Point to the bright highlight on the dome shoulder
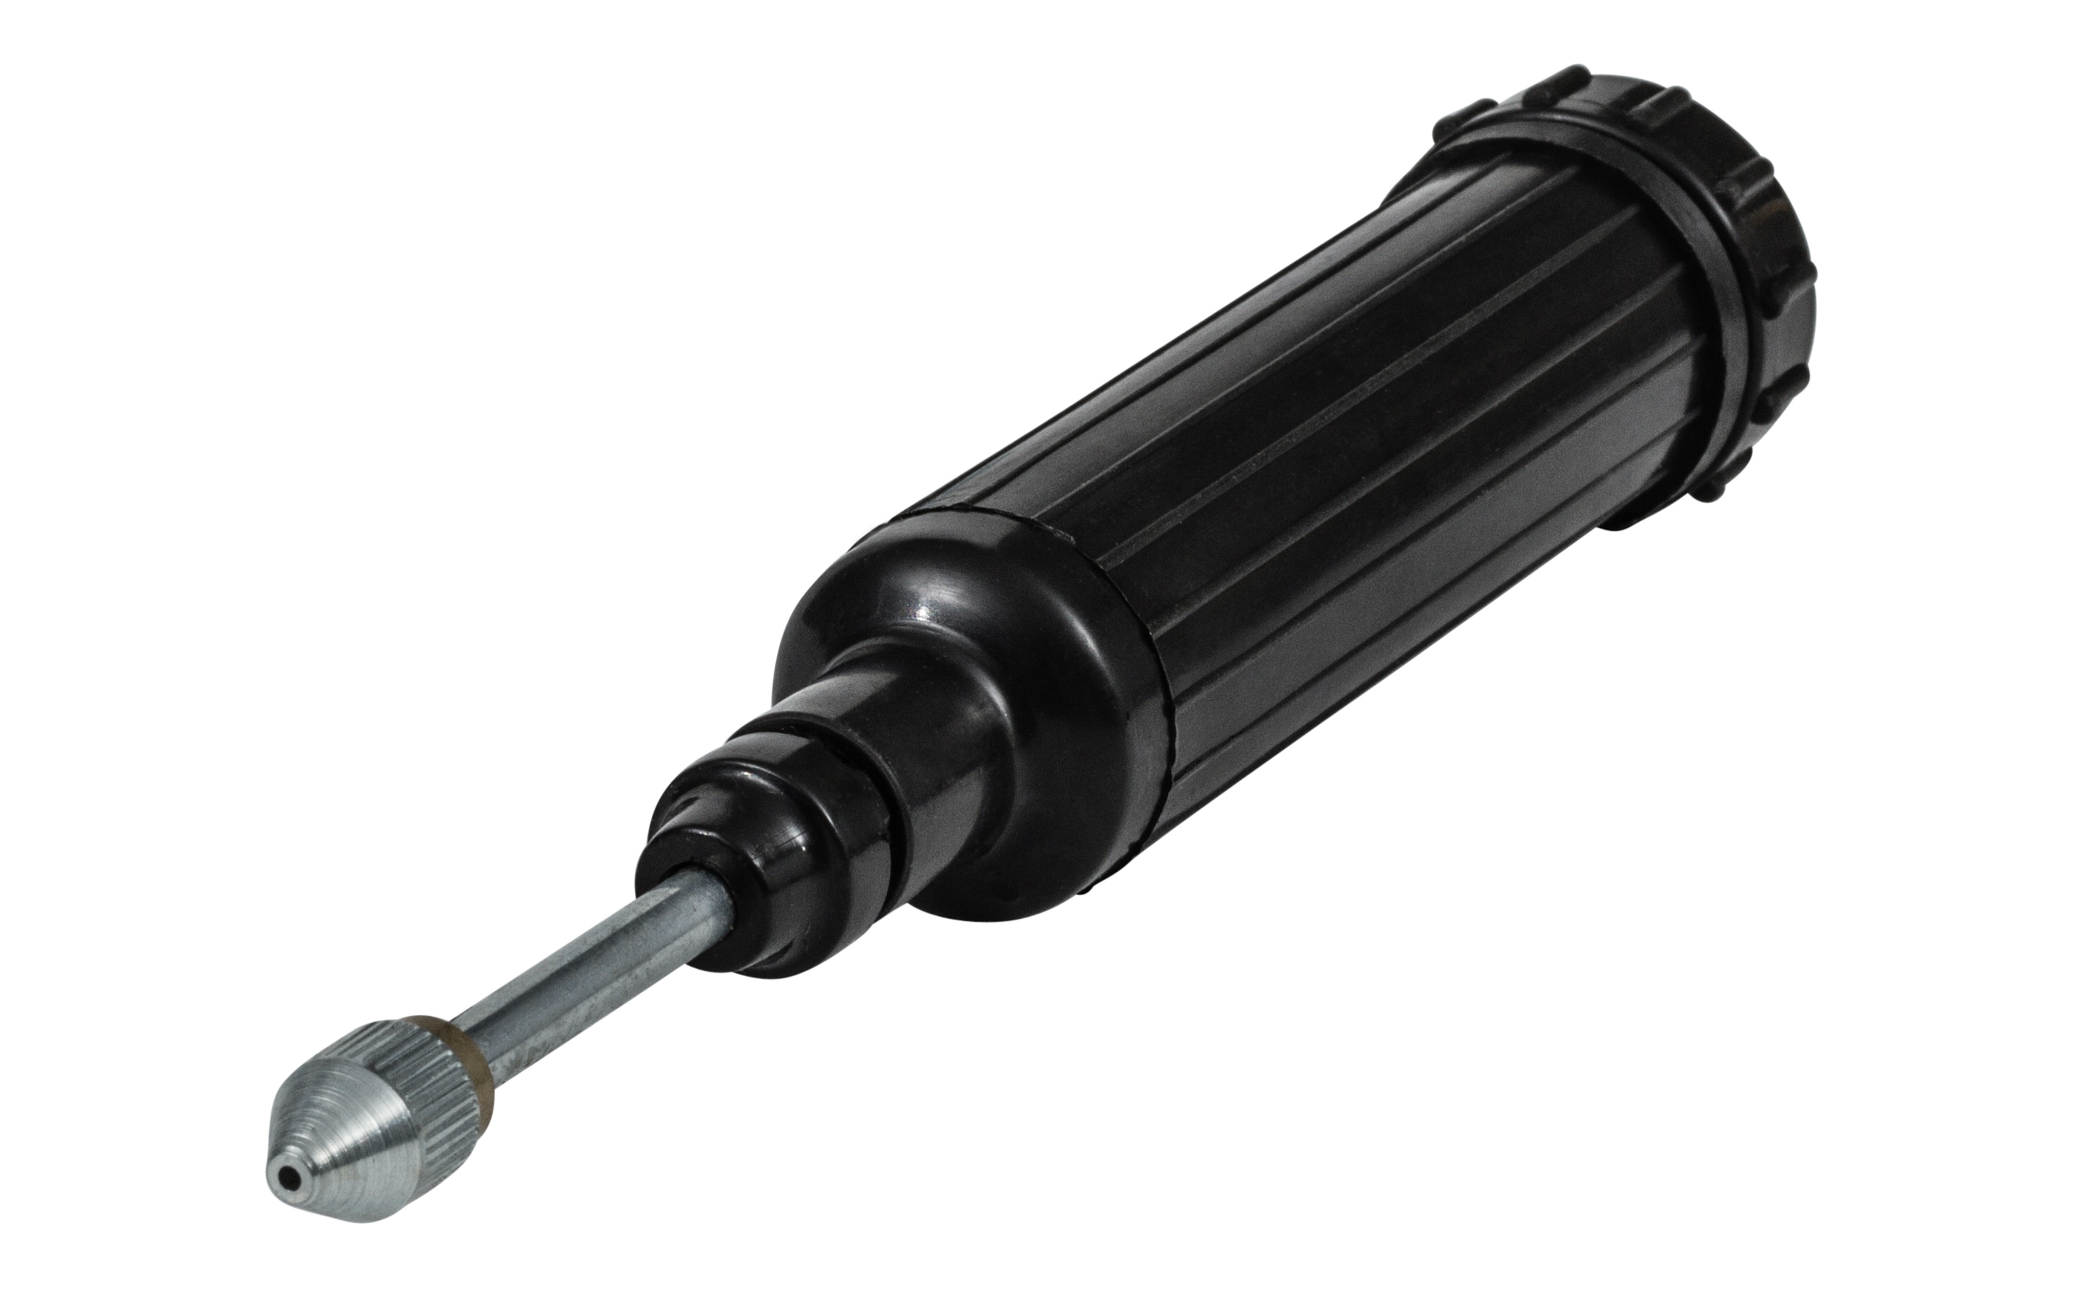click(x=935, y=595)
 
